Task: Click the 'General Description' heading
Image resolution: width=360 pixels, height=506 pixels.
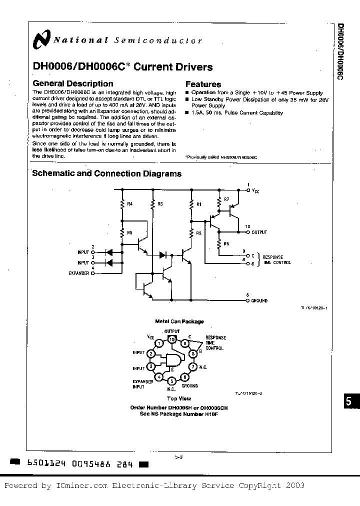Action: (x=73, y=83)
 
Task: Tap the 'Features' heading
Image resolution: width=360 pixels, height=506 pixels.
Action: (x=203, y=84)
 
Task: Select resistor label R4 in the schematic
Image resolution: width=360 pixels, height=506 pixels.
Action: (x=130, y=204)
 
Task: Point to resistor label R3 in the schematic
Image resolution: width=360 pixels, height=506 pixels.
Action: (x=160, y=204)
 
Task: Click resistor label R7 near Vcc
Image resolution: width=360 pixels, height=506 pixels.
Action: (x=226, y=199)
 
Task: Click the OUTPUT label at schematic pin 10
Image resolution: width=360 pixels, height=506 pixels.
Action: (x=259, y=232)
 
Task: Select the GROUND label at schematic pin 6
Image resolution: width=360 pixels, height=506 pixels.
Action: (x=259, y=300)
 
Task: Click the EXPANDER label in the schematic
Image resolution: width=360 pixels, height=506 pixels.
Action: (x=79, y=273)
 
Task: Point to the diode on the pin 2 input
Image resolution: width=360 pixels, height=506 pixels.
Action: (x=111, y=252)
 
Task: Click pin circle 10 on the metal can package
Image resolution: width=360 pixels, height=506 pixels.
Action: (x=172, y=340)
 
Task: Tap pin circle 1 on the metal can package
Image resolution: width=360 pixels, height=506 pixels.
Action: (x=158, y=343)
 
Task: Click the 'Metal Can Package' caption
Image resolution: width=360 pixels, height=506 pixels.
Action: (x=172, y=321)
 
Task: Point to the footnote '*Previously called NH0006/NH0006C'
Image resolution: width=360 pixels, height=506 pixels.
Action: (x=221, y=157)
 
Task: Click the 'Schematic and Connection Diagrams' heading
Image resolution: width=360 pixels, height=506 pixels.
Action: (x=106, y=174)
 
